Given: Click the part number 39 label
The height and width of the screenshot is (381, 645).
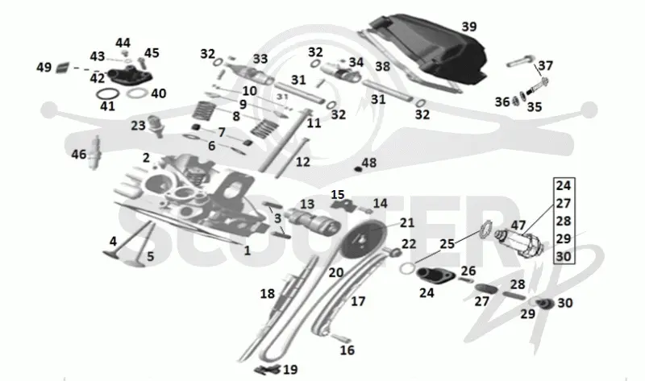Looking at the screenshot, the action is [x=469, y=27].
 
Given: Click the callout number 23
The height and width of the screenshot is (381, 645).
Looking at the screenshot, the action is [x=138, y=125].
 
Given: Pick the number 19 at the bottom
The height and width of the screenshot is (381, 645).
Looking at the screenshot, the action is [x=290, y=370].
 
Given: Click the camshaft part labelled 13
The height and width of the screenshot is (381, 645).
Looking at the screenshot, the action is [x=314, y=222].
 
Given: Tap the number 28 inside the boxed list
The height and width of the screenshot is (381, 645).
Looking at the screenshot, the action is [x=563, y=221].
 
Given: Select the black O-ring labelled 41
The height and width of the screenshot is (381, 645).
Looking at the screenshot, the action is [x=108, y=93].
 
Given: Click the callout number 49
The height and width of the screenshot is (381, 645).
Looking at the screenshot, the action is [x=44, y=67].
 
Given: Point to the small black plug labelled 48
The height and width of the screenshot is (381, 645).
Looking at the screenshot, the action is [x=358, y=169].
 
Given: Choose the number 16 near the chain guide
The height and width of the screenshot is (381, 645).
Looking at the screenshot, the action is [x=347, y=350].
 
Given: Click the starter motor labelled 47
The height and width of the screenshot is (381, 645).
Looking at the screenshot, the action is [x=520, y=242].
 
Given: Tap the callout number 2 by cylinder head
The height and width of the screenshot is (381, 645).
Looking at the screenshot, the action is [x=146, y=157].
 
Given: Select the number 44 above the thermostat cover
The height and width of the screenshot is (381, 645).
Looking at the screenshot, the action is [x=123, y=43].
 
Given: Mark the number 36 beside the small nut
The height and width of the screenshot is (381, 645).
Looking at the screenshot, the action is [x=502, y=101].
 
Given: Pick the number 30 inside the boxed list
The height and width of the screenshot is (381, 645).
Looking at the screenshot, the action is [x=563, y=256].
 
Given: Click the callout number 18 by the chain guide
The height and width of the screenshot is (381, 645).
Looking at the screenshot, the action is [x=268, y=293].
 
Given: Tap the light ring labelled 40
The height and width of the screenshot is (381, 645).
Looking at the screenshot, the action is [x=137, y=93].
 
